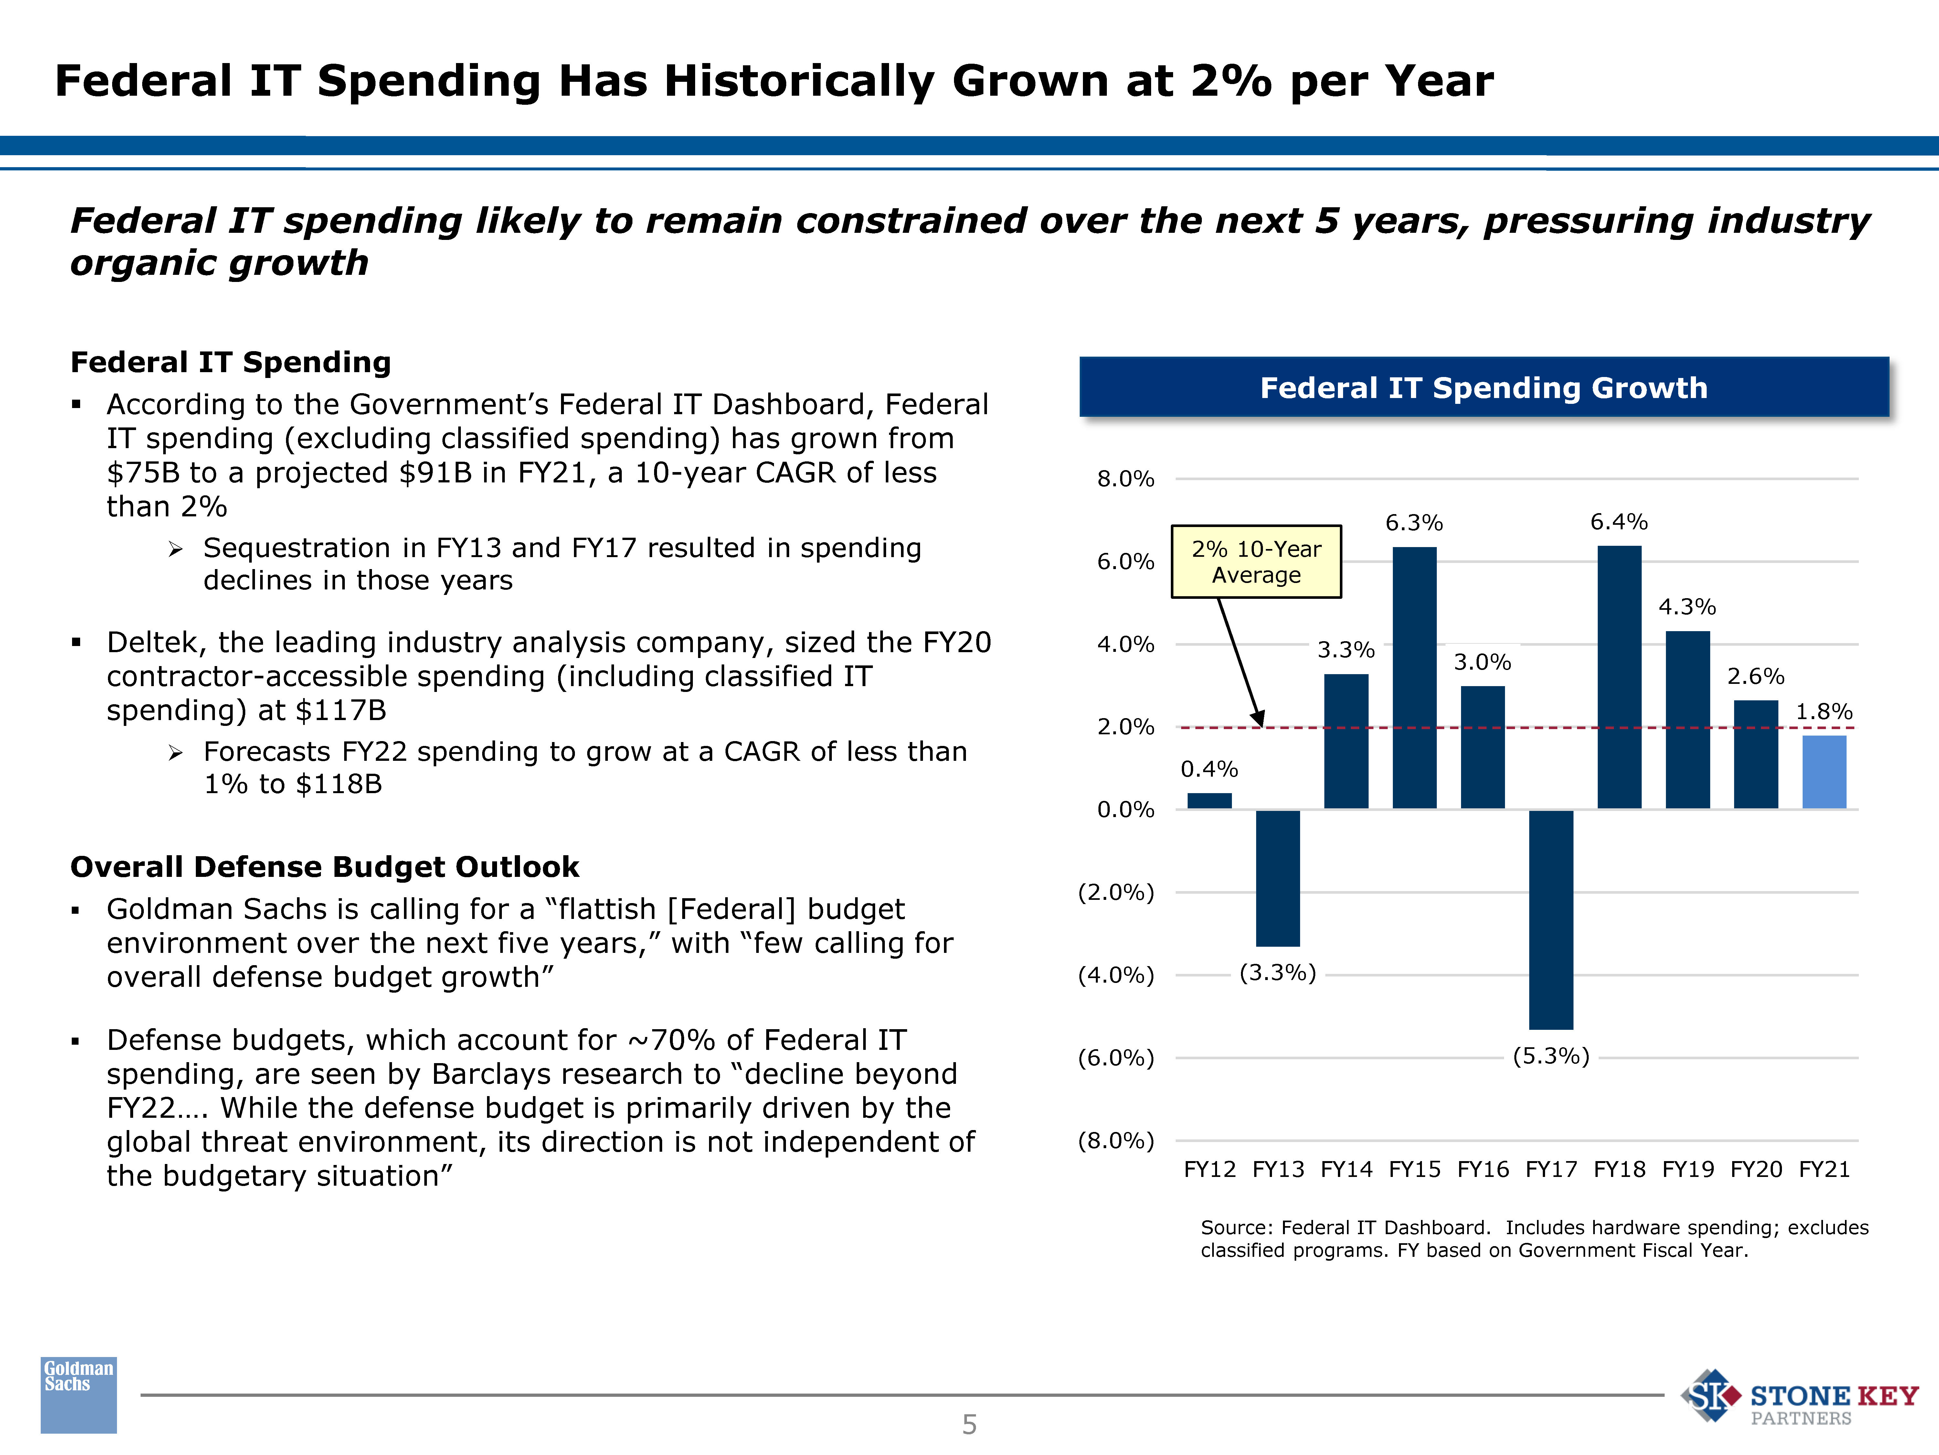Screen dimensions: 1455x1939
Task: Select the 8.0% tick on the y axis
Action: point(1126,479)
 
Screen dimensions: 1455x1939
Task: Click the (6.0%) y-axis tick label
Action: point(1116,1058)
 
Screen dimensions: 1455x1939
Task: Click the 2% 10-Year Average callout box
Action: point(1256,561)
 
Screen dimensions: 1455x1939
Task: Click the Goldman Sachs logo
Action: point(79,1395)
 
